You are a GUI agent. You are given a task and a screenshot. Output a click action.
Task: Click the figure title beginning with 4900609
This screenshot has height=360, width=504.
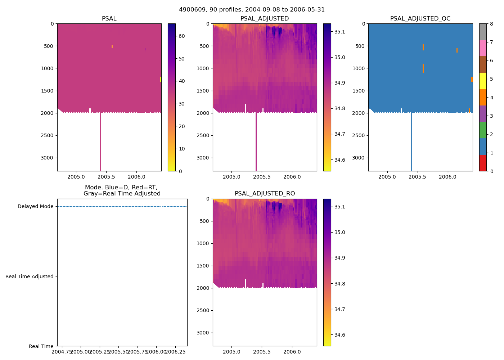click(x=252, y=10)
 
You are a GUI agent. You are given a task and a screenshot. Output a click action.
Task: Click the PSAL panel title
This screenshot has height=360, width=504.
click(x=109, y=19)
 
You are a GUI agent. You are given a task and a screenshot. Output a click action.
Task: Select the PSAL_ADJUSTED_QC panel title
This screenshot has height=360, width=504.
click(x=420, y=19)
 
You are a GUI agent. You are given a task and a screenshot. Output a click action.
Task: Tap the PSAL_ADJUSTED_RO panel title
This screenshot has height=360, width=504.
click(x=265, y=194)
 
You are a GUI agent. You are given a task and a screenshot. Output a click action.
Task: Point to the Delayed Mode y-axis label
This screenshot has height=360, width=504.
click(x=35, y=207)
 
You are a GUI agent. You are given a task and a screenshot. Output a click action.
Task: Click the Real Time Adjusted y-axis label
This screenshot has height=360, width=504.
click(x=30, y=276)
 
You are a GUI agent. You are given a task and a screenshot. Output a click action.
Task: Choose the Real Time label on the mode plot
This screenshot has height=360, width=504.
click(x=41, y=346)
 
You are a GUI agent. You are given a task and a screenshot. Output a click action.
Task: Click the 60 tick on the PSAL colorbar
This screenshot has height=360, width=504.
click(x=182, y=36)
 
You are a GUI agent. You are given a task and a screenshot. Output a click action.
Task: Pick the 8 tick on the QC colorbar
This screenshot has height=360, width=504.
click(x=492, y=24)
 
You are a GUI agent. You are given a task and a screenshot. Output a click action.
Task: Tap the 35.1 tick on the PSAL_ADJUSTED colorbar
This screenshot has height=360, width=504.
click(x=340, y=32)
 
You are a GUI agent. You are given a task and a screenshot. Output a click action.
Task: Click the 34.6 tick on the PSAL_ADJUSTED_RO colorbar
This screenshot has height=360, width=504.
click(x=340, y=335)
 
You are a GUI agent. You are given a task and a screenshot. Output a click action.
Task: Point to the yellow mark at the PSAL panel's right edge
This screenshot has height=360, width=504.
click(x=161, y=79)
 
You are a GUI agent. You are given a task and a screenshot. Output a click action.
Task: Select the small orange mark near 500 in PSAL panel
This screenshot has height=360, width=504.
click(x=112, y=46)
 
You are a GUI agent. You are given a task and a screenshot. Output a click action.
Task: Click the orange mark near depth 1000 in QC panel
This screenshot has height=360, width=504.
click(x=423, y=68)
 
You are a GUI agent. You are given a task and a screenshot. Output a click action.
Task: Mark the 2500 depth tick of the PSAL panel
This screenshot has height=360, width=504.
click(x=49, y=135)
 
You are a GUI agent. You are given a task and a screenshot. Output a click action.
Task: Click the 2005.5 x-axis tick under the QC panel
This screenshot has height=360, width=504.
click(x=417, y=177)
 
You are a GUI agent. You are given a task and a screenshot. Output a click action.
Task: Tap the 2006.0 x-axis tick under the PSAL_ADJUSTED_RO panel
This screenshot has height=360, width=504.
click(x=292, y=352)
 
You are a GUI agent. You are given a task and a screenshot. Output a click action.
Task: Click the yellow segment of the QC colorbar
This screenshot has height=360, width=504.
click(x=483, y=81)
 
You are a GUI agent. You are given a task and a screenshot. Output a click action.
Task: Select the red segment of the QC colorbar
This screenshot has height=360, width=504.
click(x=483, y=163)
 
